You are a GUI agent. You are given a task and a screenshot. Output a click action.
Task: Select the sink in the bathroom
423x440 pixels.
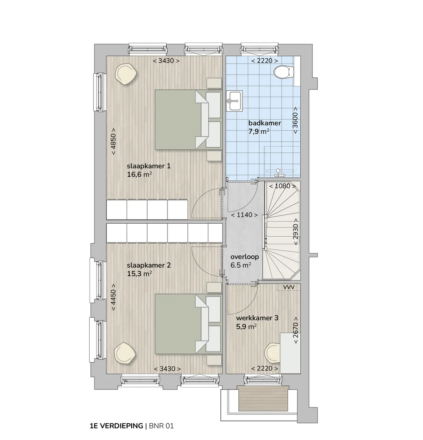[x=234, y=101]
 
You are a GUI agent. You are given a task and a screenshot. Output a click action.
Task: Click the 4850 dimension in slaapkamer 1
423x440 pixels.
[x=113, y=141]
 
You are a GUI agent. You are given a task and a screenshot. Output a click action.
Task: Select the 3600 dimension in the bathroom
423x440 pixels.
[x=295, y=120]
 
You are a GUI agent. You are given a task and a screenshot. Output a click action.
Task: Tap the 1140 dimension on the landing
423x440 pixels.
[x=244, y=215]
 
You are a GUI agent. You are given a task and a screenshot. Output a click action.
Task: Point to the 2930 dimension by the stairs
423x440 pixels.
[x=295, y=232]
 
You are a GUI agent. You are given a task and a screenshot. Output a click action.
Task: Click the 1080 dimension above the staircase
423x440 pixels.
[x=282, y=186]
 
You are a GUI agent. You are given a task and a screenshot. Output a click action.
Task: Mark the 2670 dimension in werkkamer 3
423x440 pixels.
[x=295, y=330]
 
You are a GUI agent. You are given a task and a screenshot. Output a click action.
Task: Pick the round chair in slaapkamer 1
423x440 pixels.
[x=126, y=74]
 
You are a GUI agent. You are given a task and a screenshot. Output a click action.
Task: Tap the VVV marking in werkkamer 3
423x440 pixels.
[x=289, y=287]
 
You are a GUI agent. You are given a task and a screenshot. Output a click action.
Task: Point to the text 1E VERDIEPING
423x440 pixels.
[x=116, y=426]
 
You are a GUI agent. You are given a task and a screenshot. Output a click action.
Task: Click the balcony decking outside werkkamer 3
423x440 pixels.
[x=264, y=398]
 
